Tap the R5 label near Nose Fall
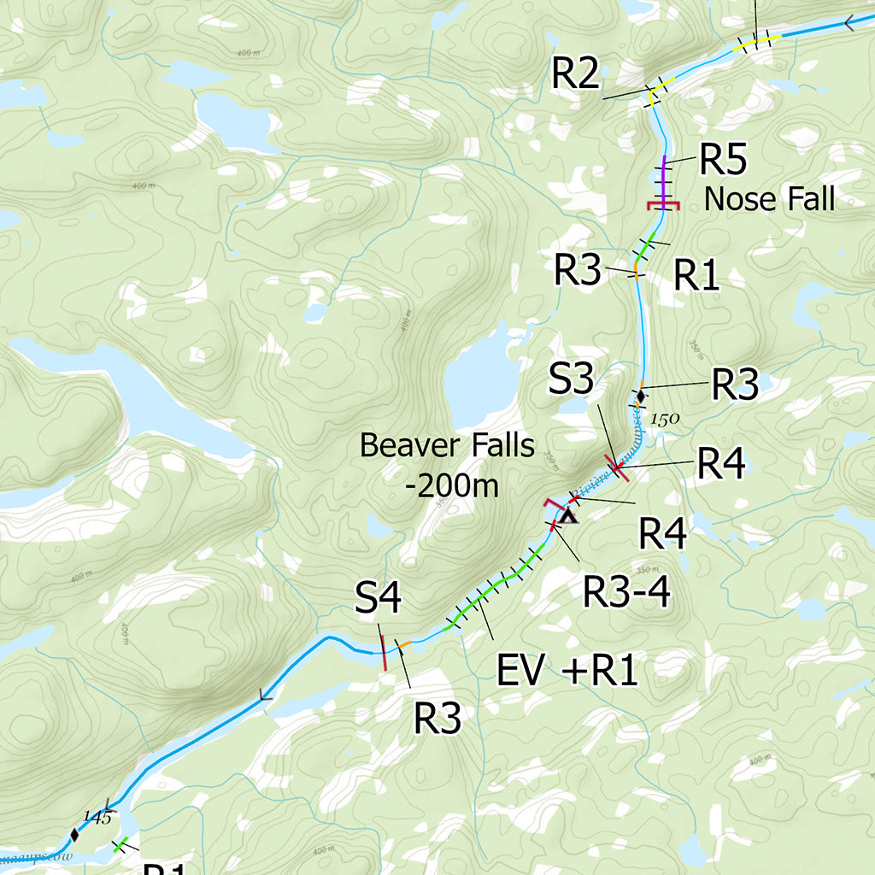coord(723,159)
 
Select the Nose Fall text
coord(769,199)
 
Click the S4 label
coord(379,601)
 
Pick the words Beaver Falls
coord(447,445)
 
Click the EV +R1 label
coord(567,672)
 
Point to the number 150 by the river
coord(664,420)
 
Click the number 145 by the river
coord(97,818)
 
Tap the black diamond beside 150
coord(640,396)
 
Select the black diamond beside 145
coord(74,834)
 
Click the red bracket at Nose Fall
coord(663,205)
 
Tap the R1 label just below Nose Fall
coord(696,275)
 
